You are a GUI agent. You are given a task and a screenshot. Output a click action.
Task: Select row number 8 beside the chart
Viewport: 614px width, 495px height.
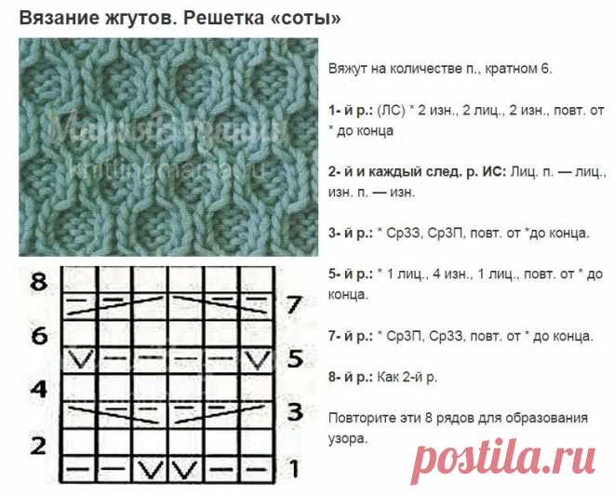[x=39, y=282]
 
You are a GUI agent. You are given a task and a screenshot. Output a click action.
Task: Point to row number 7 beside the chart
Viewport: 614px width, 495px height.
[x=294, y=304]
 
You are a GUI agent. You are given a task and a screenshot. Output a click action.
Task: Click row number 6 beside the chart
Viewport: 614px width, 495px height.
[x=39, y=336]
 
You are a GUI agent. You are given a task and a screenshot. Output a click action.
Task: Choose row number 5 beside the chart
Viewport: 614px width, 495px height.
[x=295, y=359]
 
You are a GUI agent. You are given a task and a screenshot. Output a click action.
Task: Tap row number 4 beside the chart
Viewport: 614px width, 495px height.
[x=39, y=389]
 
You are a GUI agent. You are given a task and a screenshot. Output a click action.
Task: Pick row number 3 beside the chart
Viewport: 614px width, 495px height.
[x=295, y=412]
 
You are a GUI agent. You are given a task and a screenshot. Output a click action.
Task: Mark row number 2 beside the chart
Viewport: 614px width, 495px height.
[x=38, y=446]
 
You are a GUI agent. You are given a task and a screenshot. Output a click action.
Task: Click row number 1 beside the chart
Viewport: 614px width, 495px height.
[x=294, y=469]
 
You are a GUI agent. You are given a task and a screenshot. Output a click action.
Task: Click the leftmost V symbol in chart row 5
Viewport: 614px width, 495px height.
[x=80, y=359]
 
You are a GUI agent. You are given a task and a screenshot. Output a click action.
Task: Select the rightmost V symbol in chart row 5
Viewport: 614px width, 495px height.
[x=258, y=359]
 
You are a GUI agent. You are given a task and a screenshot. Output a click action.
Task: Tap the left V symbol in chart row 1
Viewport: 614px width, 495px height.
[x=151, y=470]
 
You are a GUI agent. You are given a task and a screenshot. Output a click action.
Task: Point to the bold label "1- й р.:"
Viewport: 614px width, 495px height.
[x=351, y=111]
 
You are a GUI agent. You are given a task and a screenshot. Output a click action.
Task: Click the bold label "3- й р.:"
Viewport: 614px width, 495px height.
[x=351, y=233]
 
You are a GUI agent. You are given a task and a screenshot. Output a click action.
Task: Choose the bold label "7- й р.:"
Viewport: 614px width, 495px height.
[x=351, y=336]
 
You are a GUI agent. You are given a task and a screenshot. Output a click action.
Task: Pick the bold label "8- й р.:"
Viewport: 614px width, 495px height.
[x=351, y=377]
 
